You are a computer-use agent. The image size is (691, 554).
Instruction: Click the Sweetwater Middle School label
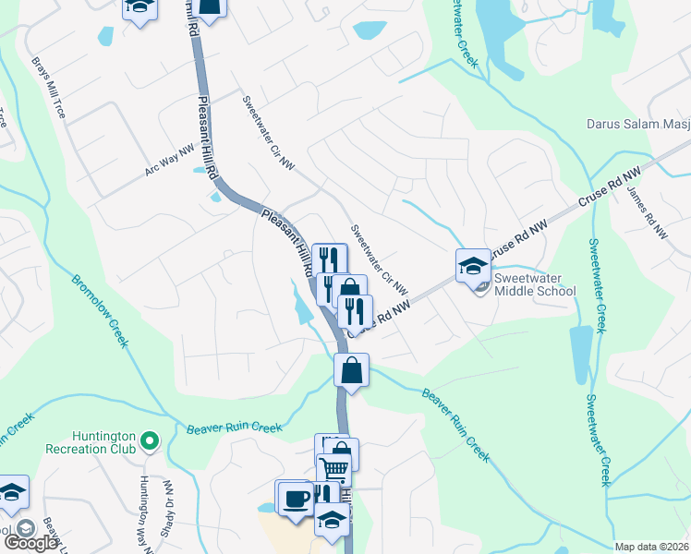535,283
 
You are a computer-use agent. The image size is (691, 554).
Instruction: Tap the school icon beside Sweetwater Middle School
472,266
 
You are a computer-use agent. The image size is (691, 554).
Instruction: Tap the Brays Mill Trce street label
49,90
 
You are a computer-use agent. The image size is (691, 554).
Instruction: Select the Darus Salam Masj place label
636,124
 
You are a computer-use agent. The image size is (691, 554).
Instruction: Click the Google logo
31,543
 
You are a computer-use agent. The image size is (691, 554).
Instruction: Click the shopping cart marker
333,470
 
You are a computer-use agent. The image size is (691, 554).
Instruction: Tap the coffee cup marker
296,499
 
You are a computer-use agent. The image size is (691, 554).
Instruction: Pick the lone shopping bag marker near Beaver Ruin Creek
351,371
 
